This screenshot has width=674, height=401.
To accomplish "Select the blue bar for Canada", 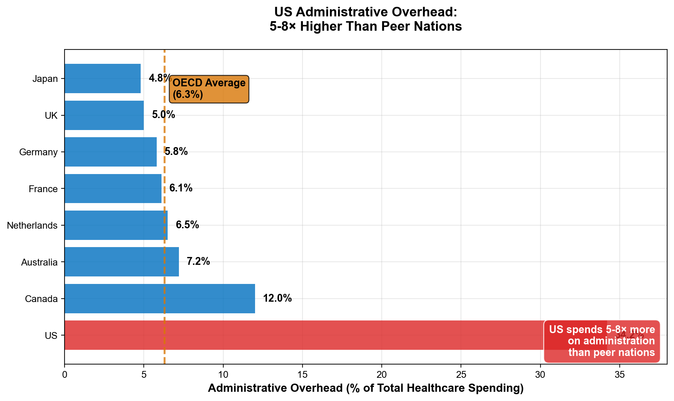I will click(159, 299).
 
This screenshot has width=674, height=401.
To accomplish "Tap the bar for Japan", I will click(102, 78).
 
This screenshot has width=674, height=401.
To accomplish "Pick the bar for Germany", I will click(110, 152).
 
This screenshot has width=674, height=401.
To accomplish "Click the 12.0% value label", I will click(277, 298).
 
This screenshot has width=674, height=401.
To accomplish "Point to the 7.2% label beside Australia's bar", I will click(198, 262).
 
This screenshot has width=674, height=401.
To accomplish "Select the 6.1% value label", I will click(181, 188).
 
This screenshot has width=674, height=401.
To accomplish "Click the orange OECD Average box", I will click(209, 89).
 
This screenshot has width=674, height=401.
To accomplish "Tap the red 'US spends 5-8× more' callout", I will click(602, 341).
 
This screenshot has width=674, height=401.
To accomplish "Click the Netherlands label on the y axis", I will click(32, 226).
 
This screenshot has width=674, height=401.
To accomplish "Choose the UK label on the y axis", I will click(51, 116).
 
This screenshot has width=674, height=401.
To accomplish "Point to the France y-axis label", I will click(43, 189).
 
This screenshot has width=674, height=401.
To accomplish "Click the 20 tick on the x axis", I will click(382, 375).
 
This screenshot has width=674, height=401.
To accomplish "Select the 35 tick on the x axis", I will click(619, 375).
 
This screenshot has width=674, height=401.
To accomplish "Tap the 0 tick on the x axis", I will click(65, 375).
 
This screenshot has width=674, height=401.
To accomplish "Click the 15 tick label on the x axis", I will click(302, 375).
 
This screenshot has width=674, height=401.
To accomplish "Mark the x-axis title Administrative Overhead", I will click(365, 388).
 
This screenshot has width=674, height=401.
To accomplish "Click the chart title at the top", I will click(365, 19).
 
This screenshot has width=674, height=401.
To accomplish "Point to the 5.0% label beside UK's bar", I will click(164, 115).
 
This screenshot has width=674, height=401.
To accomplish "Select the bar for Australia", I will click(122, 262).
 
